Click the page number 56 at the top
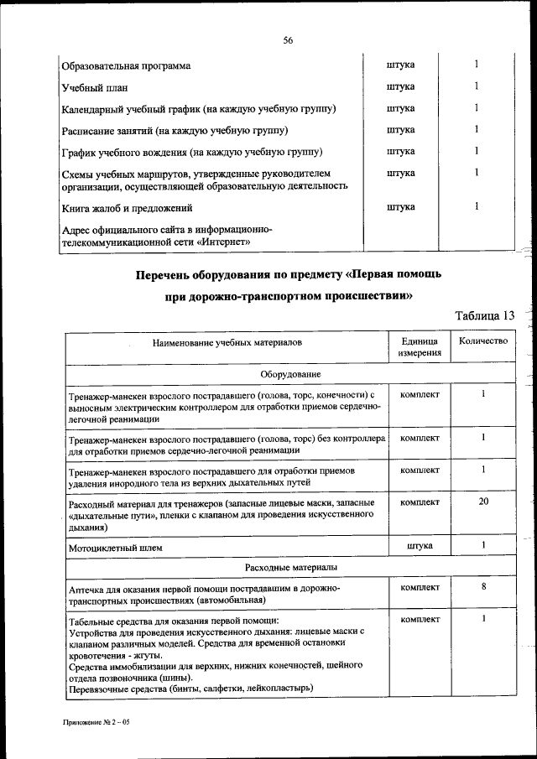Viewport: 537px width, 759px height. (x=288, y=40)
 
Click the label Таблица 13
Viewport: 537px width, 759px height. (x=483, y=315)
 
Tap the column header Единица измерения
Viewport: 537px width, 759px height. (x=420, y=348)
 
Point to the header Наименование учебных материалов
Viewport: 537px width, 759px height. (x=226, y=343)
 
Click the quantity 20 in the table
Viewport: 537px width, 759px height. (x=483, y=502)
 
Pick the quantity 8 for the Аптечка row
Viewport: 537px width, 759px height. (x=483, y=588)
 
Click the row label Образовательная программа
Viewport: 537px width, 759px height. (x=126, y=65)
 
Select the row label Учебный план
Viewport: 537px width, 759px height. (x=93, y=87)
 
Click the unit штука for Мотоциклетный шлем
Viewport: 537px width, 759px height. (x=420, y=546)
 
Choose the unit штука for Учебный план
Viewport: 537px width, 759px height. (x=401, y=86)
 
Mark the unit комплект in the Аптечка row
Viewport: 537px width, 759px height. (x=420, y=588)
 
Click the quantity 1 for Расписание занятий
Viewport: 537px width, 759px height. (x=476, y=129)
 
